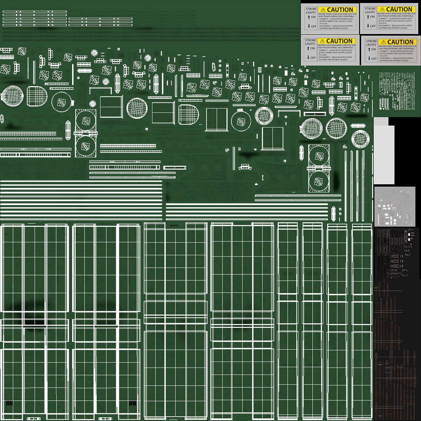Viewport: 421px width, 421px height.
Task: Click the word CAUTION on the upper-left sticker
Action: tap(340, 10)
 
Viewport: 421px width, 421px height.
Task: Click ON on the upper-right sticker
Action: tap(373, 17)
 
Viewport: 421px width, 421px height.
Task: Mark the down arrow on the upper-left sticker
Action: tap(309, 26)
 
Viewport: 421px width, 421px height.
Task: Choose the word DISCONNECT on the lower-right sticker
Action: tap(380, 57)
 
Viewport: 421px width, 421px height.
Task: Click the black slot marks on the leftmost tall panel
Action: tap(10, 403)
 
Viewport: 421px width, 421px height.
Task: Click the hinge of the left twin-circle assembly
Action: tap(85, 133)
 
